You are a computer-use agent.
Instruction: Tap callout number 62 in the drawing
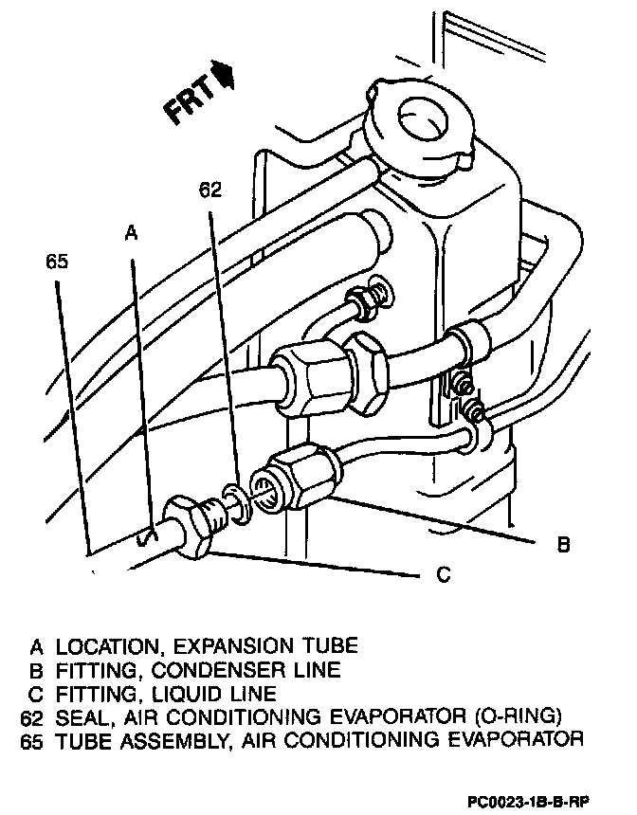209,190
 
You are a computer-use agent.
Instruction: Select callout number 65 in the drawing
57,263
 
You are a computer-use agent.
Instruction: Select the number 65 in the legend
34,738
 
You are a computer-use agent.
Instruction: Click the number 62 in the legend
34,715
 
